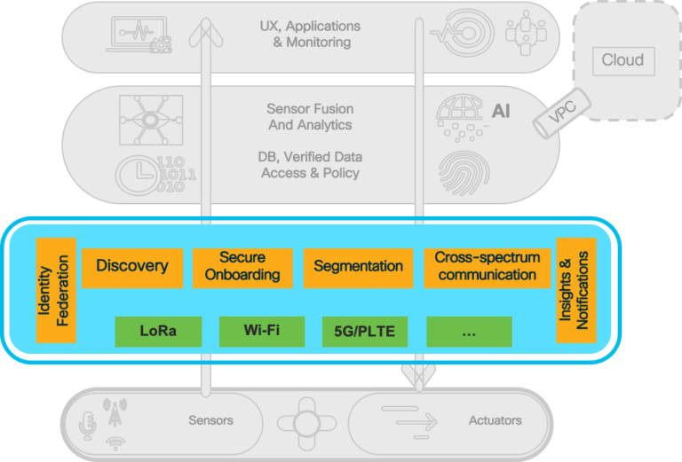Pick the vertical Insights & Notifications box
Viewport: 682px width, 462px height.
click(576, 289)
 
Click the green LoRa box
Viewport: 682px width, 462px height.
click(158, 332)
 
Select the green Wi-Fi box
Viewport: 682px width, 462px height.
click(262, 332)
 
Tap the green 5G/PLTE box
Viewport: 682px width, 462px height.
click(364, 332)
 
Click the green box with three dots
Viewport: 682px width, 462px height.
click(469, 332)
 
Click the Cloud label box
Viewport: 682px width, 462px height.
click(622, 61)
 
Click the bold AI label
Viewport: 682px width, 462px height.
click(501, 113)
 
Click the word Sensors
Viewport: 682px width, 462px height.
click(210, 419)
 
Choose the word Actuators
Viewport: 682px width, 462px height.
click(495, 419)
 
